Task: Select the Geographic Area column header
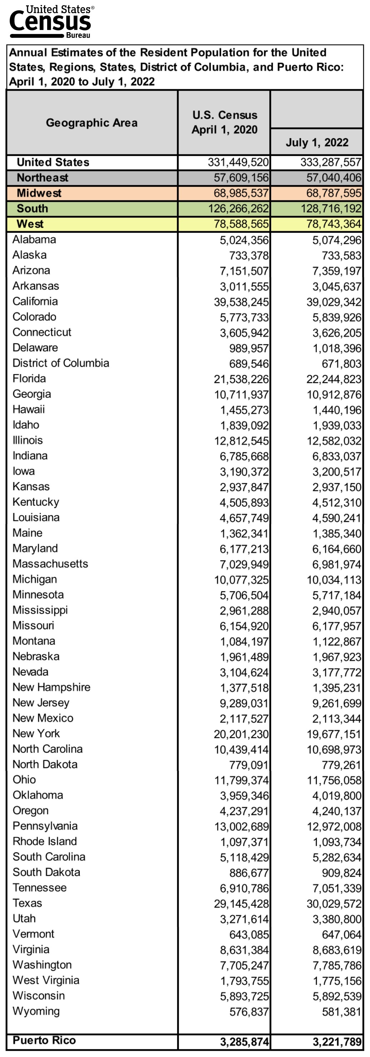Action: tap(91, 123)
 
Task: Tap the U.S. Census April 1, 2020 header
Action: tap(224, 122)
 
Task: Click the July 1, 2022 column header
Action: tap(317, 143)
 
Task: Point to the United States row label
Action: tap(53, 163)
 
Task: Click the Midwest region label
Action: tap(39, 193)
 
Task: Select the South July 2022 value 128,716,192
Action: tap(331, 209)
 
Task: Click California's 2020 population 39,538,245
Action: tap(241, 302)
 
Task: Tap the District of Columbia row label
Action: tap(61, 363)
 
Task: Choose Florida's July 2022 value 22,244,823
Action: tap(334, 379)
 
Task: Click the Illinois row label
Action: tap(27, 440)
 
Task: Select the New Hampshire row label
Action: tap(51, 687)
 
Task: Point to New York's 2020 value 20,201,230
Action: tap(241, 734)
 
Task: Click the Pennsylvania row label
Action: tap(45, 826)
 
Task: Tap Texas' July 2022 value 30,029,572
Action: tap(334, 903)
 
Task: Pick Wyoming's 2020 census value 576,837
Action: tap(249, 1012)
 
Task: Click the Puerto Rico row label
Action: tap(44, 1041)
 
